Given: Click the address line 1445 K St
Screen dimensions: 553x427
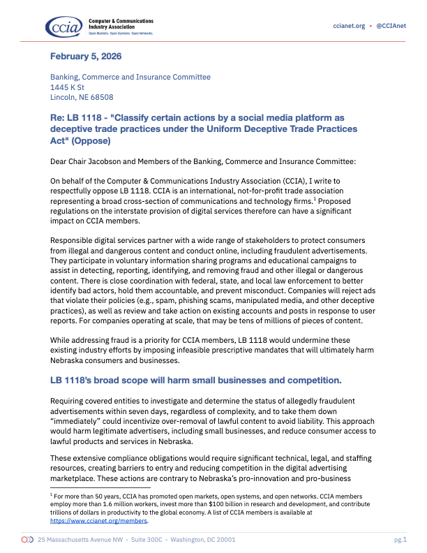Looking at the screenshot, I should [x=67, y=87].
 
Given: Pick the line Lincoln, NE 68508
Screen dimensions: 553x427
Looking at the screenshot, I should [x=82, y=98].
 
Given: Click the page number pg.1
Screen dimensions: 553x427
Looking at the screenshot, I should [x=400, y=540].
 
